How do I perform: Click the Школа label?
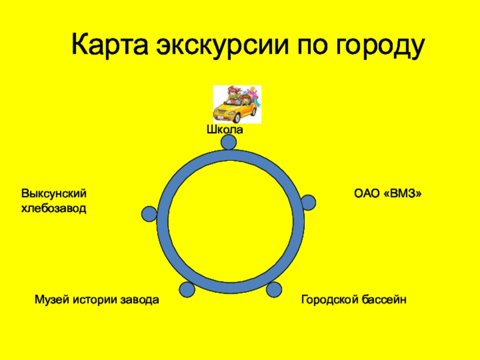pos(225,130)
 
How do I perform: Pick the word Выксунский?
pos(55,194)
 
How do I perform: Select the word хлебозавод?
pos(54,209)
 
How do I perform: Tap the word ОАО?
pos(367,194)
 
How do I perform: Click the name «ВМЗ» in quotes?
pos(405,194)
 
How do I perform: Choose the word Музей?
pos(53,299)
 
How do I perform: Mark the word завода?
pos(142,299)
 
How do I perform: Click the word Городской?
pos(329,299)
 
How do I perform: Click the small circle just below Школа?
pos(229,142)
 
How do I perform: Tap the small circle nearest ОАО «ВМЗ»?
pos(308,202)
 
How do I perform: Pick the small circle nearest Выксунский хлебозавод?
pos(149,214)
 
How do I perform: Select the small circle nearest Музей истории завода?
pos(187,289)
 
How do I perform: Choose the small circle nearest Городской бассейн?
pos(274,289)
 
